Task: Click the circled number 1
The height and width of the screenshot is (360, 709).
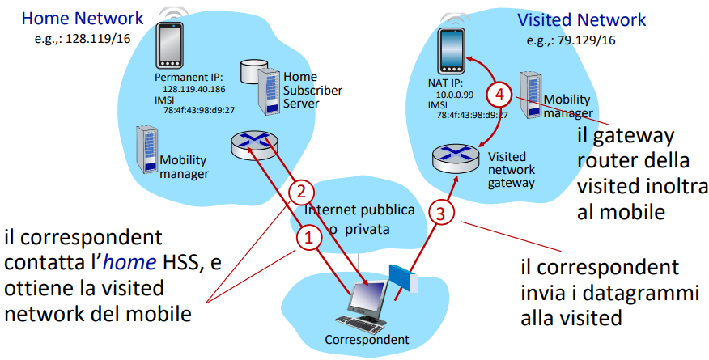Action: tap(309, 238)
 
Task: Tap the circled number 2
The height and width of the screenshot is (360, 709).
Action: tap(301, 193)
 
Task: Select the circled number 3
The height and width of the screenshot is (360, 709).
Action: tap(440, 213)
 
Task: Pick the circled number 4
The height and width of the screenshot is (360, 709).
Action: tap(499, 95)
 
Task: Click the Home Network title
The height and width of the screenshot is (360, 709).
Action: tap(83, 19)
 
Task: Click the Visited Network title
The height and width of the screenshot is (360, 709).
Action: tap(581, 20)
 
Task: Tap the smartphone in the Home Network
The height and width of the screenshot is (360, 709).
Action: tap(170, 45)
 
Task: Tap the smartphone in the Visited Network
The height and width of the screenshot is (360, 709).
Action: tap(452, 51)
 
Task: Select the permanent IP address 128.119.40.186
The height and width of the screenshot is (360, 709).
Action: tap(194, 90)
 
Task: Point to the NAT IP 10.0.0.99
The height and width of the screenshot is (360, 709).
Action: tap(454, 95)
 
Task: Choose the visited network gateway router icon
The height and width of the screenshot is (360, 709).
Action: tap(456, 158)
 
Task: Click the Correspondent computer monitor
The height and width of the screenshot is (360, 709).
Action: tap(369, 296)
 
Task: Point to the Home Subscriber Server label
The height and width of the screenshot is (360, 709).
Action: tap(312, 90)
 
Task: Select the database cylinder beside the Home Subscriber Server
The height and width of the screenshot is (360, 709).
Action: tap(253, 71)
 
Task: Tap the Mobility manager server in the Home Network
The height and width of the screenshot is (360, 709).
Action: tap(147, 150)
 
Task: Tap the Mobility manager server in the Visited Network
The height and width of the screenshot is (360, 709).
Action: tap(531, 95)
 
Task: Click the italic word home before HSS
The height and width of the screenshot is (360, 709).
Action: tap(129, 262)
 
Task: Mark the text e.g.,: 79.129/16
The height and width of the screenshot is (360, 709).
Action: tap(571, 40)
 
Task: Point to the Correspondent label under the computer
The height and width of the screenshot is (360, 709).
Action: tap(367, 339)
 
